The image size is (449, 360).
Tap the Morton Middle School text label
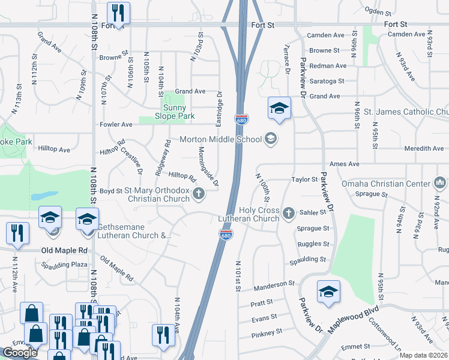[221, 140]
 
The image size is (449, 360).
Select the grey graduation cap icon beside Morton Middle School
[271, 139]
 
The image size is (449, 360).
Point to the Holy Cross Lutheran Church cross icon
[289, 212]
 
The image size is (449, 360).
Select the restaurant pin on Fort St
[118, 13]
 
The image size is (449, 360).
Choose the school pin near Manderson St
[328, 292]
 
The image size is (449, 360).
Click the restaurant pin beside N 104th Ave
[162, 334]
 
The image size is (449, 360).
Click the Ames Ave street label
[344, 164]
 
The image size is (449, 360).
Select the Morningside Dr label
[208, 166]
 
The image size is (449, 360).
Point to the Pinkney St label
[267, 332]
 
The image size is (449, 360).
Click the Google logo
[20, 353]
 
